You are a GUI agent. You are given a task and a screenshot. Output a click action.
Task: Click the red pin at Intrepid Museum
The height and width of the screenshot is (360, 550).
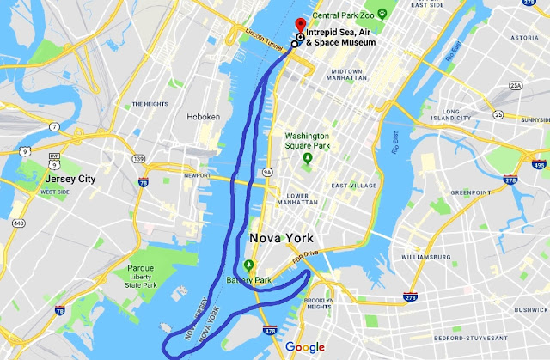point(300,24)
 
